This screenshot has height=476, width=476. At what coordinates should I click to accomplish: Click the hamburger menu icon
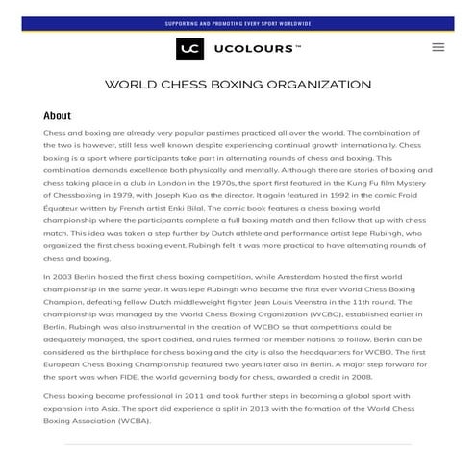pyautogui.click(x=438, y=47)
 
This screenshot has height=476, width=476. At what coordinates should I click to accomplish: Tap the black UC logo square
pyautogui.click(x=189, y=48)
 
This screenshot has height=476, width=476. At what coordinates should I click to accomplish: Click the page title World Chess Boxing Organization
pyautogui.click(x=238, y=85)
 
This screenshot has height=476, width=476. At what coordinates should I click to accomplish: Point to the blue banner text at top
pyautogui.click(x=238, y=23)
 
